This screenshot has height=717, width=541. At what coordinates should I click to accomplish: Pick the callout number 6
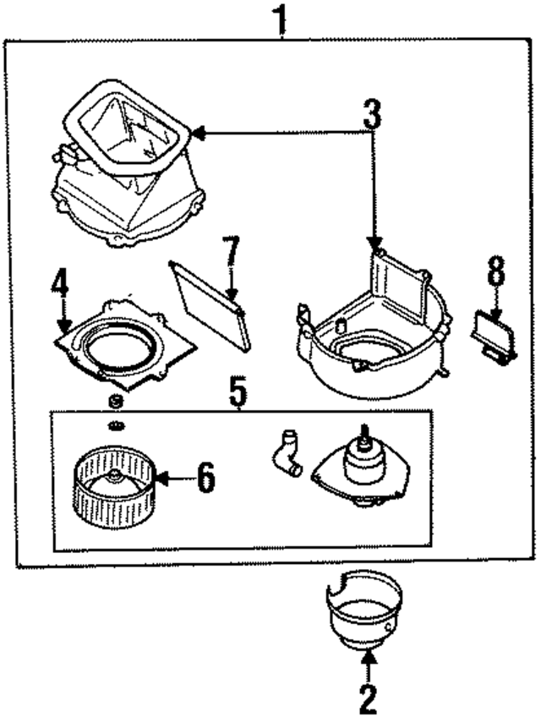pos(205,479)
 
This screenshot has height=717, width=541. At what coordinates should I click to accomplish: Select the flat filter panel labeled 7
pos(211,303)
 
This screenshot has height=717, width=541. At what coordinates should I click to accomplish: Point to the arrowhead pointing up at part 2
pos(366,654)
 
